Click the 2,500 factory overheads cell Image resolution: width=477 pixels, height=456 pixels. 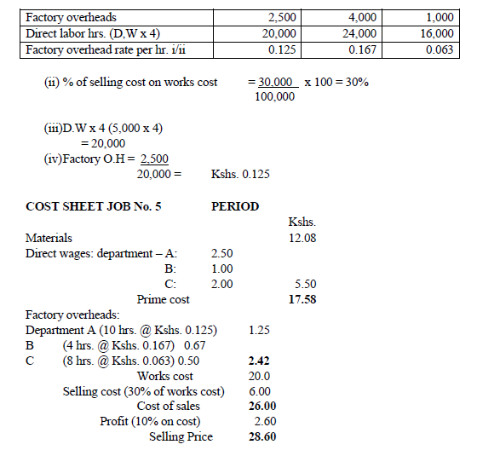point(281,17)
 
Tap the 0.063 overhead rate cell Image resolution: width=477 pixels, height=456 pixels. point(438,49)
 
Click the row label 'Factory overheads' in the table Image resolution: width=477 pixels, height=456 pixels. point(72,17)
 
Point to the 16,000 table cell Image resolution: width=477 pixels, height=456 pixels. point(437,33)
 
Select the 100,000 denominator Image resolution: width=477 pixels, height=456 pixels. point(274,97)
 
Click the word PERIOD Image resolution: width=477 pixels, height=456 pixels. point(235,206)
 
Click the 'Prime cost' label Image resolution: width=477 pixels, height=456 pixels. point(163,299)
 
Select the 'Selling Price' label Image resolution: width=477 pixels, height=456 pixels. point(181,437)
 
